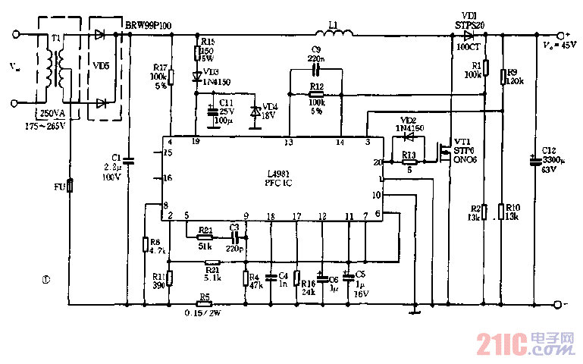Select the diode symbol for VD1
(x=467, y=34)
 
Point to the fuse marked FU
(x=70, y=185)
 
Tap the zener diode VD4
(x=255, y=111)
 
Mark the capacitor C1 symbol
(x=128, y=161)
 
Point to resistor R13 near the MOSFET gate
(x=410, y=162)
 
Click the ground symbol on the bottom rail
(x=415, y=309)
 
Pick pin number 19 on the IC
(x=196, y=142)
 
